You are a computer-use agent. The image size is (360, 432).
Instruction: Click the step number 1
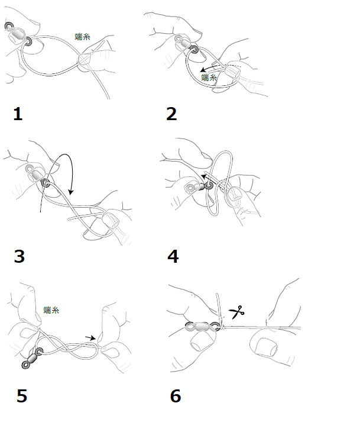[18, 114]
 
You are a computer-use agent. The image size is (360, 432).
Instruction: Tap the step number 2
[171, 114]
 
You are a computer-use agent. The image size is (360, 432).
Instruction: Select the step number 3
[20, 256]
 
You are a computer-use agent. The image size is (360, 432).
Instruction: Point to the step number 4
[173, 256]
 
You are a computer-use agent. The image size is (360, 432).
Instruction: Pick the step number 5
[22, 396]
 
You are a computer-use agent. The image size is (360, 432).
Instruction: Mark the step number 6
[176, 396]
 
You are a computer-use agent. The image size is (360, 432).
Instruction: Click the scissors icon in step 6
[236, 312]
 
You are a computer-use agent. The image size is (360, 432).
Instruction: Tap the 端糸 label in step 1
[83, 37]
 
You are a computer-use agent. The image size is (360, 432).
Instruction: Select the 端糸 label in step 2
[209, 78]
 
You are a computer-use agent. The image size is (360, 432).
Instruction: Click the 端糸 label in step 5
[51, 310]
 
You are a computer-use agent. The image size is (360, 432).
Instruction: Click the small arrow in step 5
[90, 338]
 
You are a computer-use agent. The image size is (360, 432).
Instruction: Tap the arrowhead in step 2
[203, 70]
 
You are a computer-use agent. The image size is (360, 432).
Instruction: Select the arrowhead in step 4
[204, 176]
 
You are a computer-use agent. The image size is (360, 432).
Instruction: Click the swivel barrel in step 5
[33, 358]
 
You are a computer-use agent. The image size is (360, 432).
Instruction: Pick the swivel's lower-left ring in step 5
[25, 366]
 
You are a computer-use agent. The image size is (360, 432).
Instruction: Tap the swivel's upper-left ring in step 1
[8, 26]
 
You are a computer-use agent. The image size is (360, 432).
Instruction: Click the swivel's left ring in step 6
[190, 326]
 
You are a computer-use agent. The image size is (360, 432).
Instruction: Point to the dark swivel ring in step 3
[45, 182]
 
